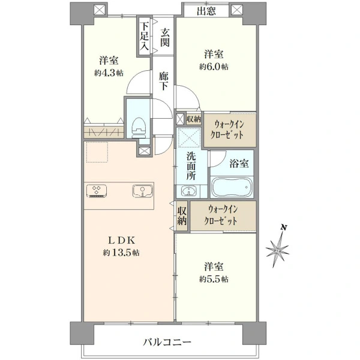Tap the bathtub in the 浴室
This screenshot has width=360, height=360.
point(232,187)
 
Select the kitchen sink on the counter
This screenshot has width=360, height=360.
point(143,191)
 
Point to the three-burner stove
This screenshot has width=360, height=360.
point(97,191)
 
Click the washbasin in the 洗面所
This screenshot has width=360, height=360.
point(189,191)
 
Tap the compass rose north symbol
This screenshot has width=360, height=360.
point(278,247)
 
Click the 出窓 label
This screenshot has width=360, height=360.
point(206,11)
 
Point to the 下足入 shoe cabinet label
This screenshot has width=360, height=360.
point(145,36)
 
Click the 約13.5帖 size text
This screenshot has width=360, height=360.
point(121,253)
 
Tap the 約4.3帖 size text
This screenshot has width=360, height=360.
point(109,73)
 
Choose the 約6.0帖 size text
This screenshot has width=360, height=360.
point(214,67)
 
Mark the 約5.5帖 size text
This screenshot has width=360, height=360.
point(214,279)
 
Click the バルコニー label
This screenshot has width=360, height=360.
point(167,343)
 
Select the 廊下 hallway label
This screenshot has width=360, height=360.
point(163,81)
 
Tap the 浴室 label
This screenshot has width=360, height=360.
point(239,163)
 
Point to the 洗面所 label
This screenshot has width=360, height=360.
point(191,166)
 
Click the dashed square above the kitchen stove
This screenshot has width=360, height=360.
point(97,152)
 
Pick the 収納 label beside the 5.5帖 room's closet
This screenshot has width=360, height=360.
point(182,215)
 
